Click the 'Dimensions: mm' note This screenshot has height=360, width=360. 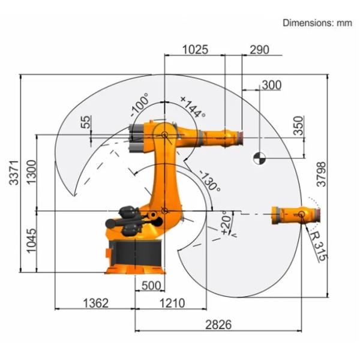[x=317, y=23]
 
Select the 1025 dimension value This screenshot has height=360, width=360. [x=195, y=50]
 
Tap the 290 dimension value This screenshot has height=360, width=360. [x=259, y=50]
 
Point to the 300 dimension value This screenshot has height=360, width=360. [x=271, y=85]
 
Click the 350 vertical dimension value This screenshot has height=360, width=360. [x=299, y=125]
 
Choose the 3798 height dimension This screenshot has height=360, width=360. [x=321, y=174]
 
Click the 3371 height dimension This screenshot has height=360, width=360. [x=14, y=172]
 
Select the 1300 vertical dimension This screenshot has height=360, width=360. [x=31, y=172]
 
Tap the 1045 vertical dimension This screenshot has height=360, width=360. [x=31, y=241]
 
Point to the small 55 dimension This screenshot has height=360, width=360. [x=85, y=122]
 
